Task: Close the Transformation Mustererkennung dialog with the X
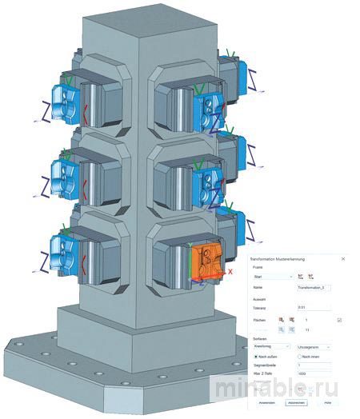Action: point(343,259)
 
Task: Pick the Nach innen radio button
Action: point(298,357)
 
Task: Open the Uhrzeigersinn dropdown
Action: point(313,346)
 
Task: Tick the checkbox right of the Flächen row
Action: point(339,319)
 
